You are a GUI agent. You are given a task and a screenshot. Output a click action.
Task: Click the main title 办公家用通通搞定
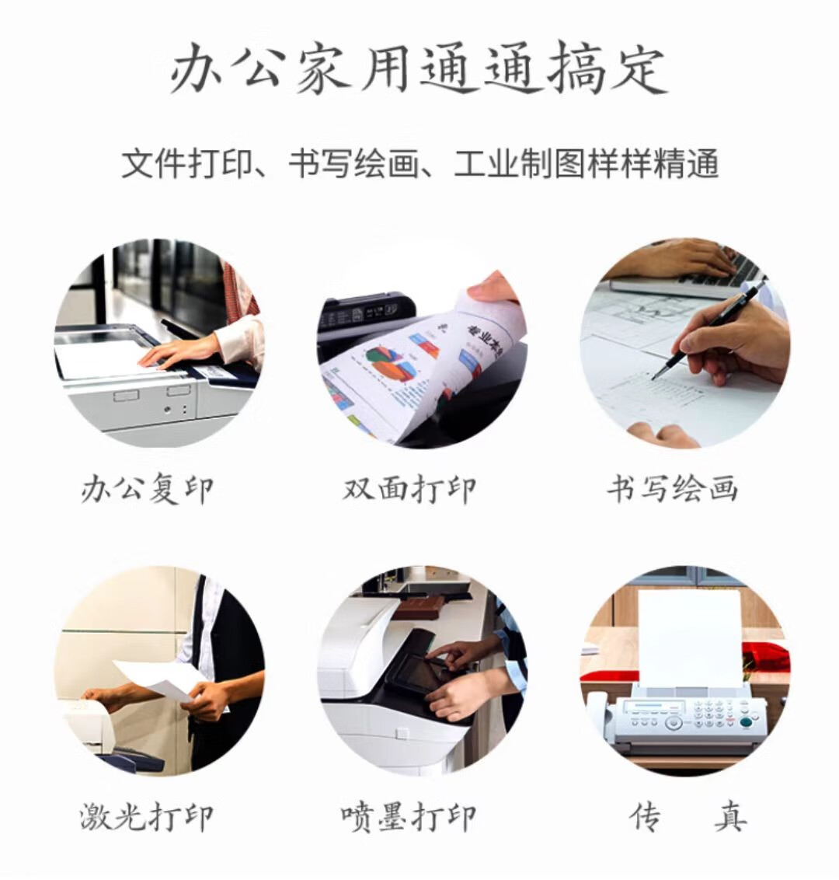[x=419, y=70]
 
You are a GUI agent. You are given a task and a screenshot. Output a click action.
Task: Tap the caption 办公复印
[x=147, y=491]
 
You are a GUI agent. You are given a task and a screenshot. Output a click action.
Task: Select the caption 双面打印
[x=409, y=490]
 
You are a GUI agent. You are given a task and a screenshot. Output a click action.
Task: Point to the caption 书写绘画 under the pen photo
[x=672, y=488]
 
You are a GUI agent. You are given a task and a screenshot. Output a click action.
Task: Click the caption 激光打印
[x=147, y=816]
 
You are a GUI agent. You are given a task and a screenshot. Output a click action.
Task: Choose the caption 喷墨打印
[x=409, y=817]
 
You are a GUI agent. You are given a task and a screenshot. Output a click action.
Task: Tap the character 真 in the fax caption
[x=731, y=816]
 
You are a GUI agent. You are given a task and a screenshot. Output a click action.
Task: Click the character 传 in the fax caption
[x=645, y=816]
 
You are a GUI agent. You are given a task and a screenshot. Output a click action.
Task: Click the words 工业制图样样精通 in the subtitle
[x=586, y=163]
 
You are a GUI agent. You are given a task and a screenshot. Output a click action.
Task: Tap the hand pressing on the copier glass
[x=179, y=351]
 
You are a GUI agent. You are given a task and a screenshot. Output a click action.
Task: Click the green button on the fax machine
[x=745, y=722]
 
